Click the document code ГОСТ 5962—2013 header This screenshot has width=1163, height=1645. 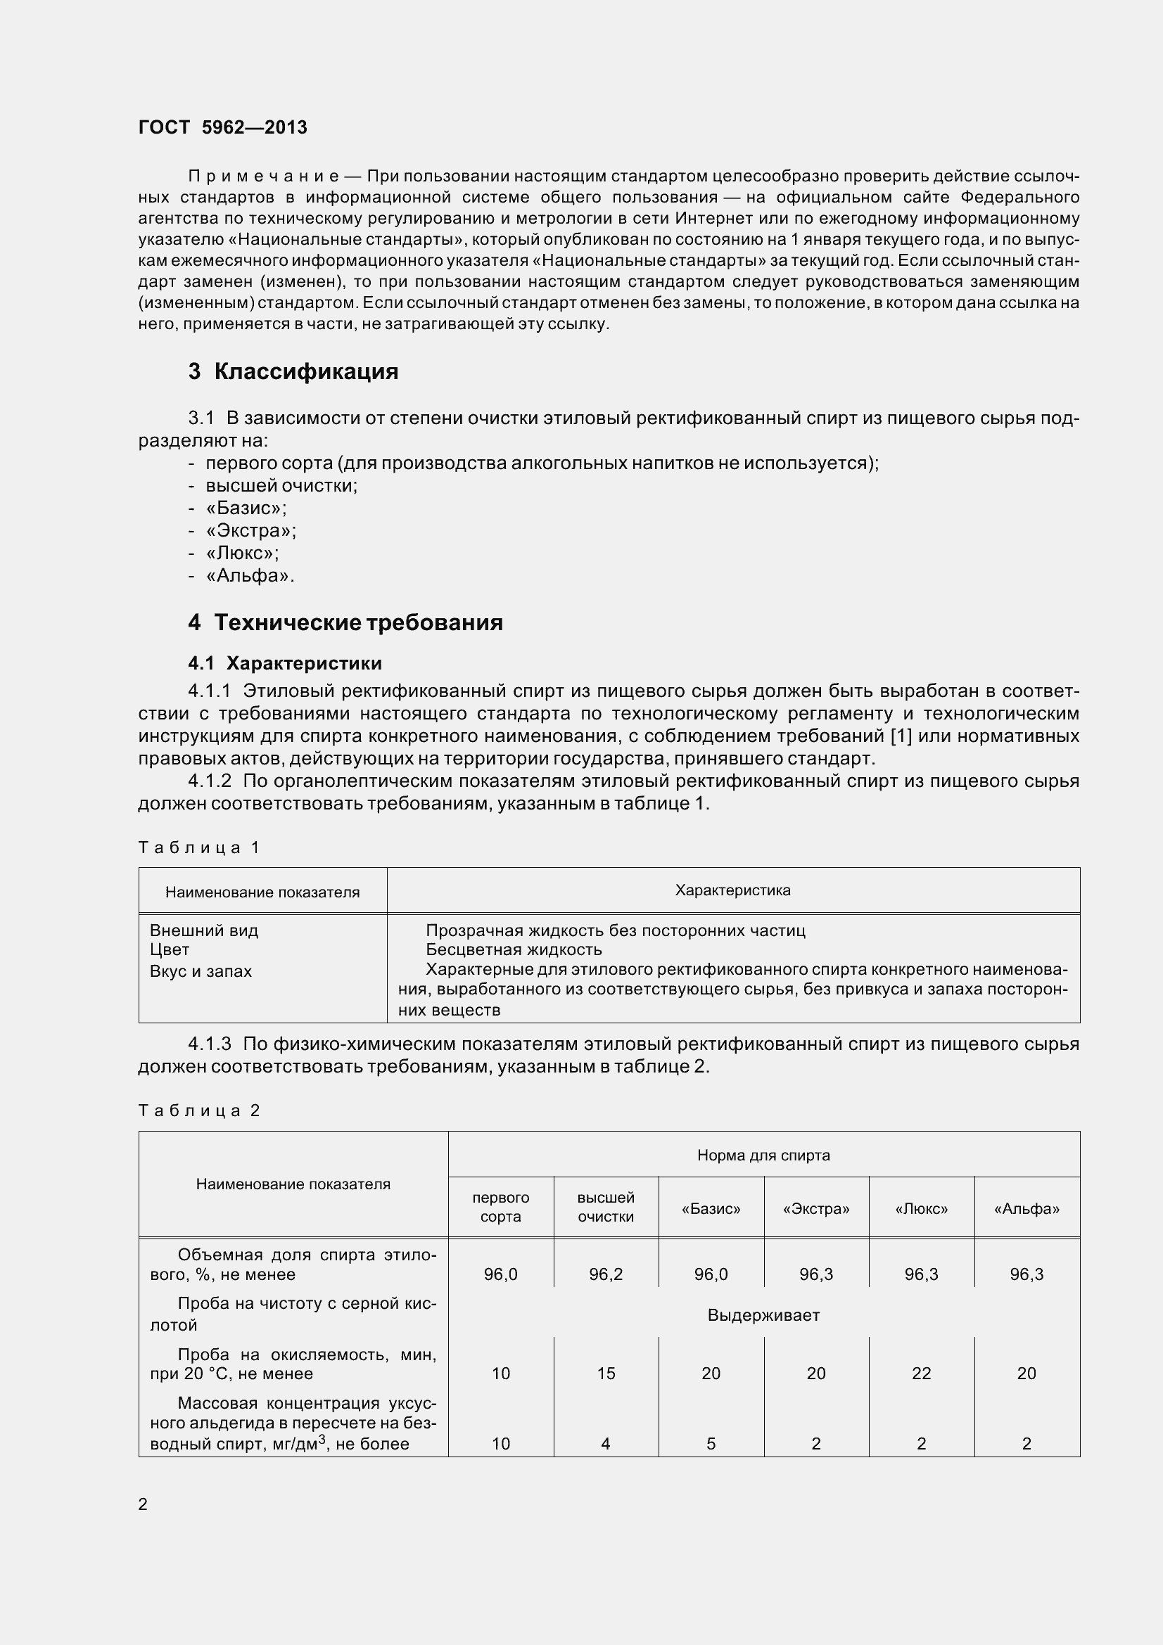pyautogui.click(x=222, y=127)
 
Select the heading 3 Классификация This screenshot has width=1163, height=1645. pyautogui.click(x=293, y=371)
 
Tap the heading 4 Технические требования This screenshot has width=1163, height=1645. pyautogui.click(x=345, y=622)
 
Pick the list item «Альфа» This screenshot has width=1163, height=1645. pyautogui.click(x=249, y=575)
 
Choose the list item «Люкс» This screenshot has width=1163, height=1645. pyautogui.click(x=242, y=553)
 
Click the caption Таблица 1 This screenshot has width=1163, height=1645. pyautogui.click(x=198, y=847)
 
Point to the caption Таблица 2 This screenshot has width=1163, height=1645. pyautogui.click(x=198, y=1110)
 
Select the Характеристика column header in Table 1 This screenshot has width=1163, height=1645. pyautogui.click(x=732, y=890)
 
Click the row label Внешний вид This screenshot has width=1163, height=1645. pyautogui.click(x=203, y=930)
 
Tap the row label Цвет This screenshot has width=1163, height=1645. pyautogui.click(x=170, y=950)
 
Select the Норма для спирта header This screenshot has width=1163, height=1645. pyautogui.click(x=763, y=1155)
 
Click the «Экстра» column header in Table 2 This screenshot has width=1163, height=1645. pyautogui.click(x=816, y=1210)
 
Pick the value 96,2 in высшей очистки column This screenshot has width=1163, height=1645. pyautogui.click(x=606, y=1274)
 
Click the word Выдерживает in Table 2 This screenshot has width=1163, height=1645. pyautogui.click(x=763, y=1315)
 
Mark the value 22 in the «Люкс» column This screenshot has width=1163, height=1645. pyautogui.click(x=922, y=1374)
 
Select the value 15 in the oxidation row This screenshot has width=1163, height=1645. pyautogui.click(x=606, y=1374)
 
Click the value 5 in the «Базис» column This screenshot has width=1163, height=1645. pyautogui.click(x=711, y=1444)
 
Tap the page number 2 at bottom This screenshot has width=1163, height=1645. pyautogui.click(x=143, y=1504)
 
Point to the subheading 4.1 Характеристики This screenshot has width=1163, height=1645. pyautogui.click(x=284, y=663)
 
